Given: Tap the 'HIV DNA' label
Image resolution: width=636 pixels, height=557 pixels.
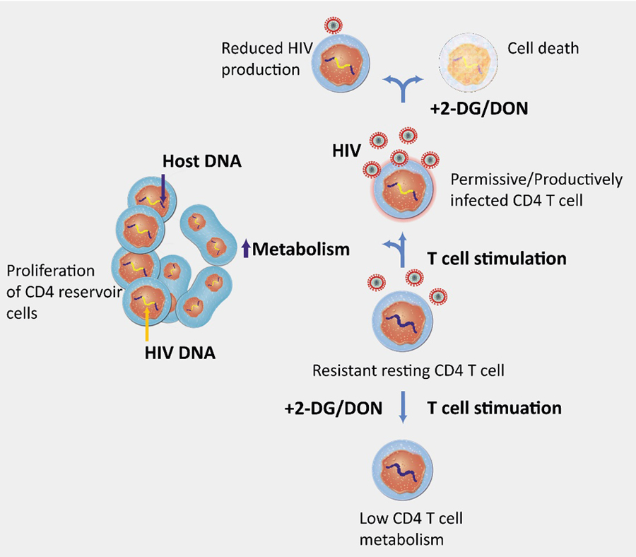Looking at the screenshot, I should (x=177, y=352).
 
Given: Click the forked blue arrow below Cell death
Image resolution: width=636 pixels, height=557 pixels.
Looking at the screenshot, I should (x=402, y=85).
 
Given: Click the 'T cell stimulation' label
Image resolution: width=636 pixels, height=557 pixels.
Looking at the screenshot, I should (x=497, y=259).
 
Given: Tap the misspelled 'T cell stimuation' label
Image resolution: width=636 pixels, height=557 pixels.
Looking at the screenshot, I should (x=495, y=408).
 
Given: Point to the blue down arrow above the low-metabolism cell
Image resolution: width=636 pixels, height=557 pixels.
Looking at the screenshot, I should (x=403, y=408).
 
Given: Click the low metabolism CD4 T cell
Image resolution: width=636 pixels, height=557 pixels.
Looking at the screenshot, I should (x=401, y=467).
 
